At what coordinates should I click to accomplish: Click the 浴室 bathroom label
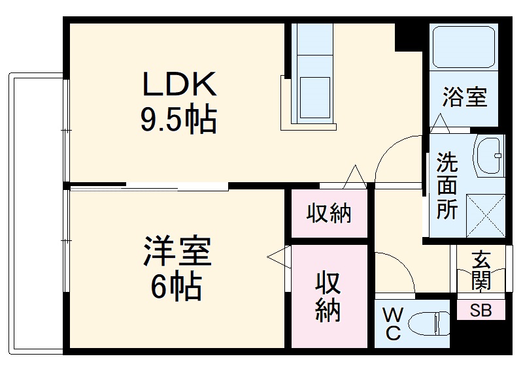(x=464, y=98)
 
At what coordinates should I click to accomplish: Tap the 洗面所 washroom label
(x=448, y=185)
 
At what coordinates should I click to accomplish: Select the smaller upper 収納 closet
(x=329, y=214)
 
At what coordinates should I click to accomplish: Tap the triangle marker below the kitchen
(x=355, y=175)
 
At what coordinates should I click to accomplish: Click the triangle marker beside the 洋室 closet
(x=277, y=257)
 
